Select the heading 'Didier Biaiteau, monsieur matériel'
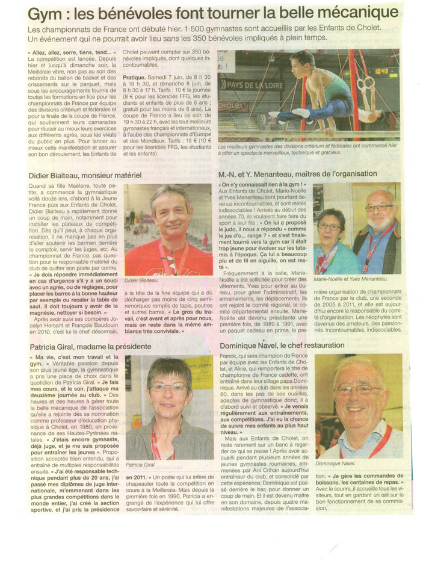coord(84,175)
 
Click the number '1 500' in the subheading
coord(196,28)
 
